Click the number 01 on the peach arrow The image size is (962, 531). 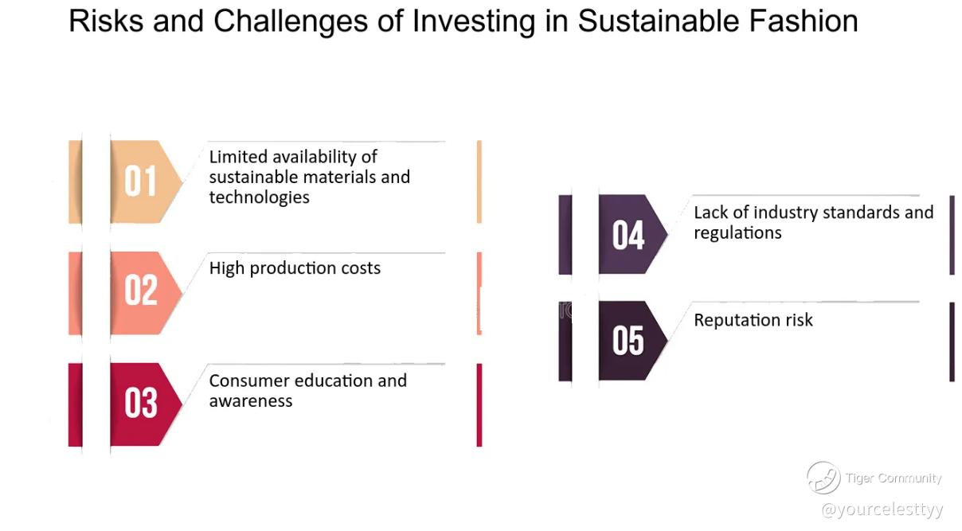[140, 182]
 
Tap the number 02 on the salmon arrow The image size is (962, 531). [141, 291]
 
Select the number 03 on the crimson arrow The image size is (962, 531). [141, 403]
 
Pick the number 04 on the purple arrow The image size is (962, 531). [628, 235]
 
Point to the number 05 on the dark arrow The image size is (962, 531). [628, 341]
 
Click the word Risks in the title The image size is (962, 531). [106, 21]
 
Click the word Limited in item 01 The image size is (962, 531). [238, 157]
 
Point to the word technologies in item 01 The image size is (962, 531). [259, 197]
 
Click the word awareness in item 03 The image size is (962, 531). [251, 401]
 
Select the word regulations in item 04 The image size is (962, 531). [737, 233]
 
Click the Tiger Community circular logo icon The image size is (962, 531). [823, 478]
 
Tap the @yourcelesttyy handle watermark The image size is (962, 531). [882, 510]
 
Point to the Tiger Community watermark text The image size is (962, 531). [894, 478]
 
